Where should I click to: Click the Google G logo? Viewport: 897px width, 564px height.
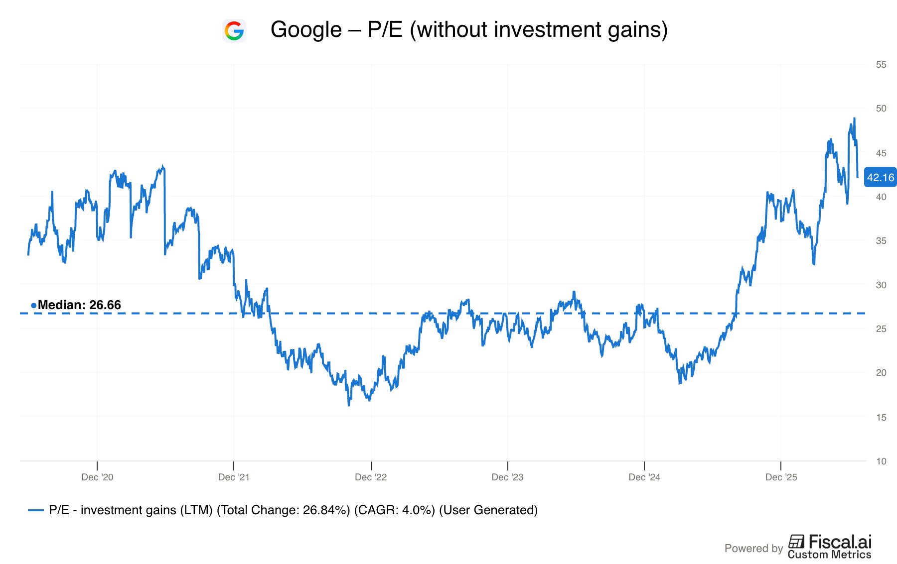coord(234,30)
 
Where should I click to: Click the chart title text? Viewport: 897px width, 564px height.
coord(469,29)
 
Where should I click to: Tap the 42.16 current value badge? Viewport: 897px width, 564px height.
coord(880,177)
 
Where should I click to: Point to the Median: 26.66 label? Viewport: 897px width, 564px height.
coord(79,305)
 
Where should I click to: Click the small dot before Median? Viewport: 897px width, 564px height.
coord(33,305)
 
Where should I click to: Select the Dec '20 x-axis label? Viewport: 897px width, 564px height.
coord(97,477)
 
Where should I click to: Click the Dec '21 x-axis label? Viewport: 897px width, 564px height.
coord(234,477)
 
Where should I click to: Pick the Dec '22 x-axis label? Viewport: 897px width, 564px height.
coord(371,477)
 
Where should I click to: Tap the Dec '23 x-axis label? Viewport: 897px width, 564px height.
coord(507,477)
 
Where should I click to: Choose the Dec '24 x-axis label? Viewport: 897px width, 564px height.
coord(644,477)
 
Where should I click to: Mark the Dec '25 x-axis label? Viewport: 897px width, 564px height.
coord(781,477)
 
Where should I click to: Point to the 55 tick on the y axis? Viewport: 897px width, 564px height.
coord(881,64)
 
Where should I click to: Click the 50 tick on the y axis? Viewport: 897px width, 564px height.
coord(881,108)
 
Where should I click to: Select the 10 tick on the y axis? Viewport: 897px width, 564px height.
coord(881,461)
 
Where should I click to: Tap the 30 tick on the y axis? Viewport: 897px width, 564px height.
coord(881,285)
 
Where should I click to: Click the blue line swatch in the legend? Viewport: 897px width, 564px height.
coord(36,510)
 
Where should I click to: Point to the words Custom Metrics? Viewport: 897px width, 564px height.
coord(830,555)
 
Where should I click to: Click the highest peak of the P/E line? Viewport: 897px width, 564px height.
coord(854,118)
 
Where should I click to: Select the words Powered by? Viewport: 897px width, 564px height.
coord(753,548)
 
